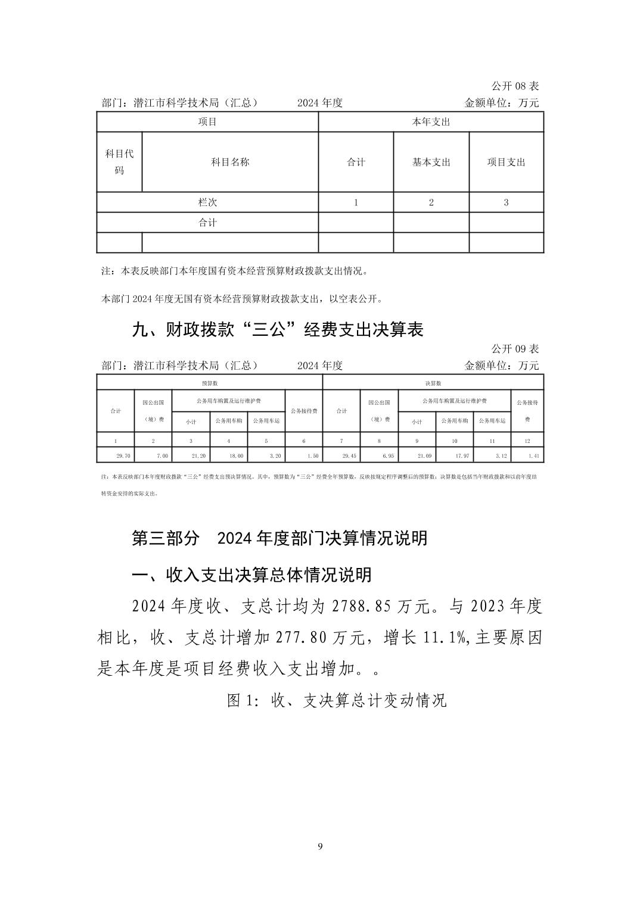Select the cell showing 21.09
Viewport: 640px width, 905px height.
click(x=425, y=455)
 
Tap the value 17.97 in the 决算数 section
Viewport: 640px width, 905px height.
click(x=462, y=455)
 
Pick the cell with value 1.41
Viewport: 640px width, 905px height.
click(x=533, y=455)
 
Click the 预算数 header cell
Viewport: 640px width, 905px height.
click(x=209, y=383)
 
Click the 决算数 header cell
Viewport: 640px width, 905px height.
click(x=433, y=383)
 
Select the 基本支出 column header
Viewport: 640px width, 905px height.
click(x=431, y=162)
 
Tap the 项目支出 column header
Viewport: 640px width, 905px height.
click(x=506, y=162)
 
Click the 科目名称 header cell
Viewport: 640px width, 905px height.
click(x=230, y=162)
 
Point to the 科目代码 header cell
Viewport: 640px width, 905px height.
click(x=119, y=162)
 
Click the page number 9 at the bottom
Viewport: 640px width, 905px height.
click(x=321, y=846)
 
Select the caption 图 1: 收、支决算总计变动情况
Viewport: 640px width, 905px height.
click(x=337, y=700)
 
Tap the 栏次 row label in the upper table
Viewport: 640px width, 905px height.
click(x=207, y=202)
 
